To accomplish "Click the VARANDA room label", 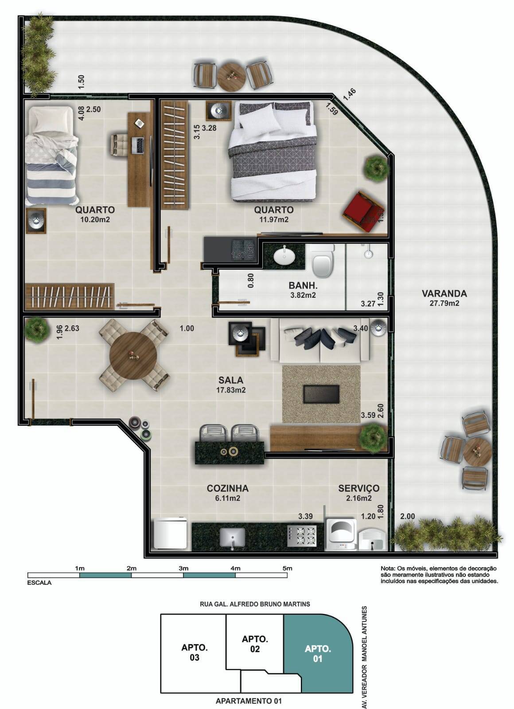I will point(444,293).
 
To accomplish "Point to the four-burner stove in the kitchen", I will point(302,535).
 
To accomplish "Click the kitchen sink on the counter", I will point(232,538).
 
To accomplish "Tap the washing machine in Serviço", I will point(341,534).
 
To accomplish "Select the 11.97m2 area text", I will point(273,219).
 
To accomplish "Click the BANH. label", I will point(303,286).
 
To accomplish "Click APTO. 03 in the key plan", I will point(195,652).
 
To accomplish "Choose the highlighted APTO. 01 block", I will point(318,654).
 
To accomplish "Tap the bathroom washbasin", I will point(282,256).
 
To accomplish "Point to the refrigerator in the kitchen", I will point(170,534).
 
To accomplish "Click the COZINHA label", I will point(227,488).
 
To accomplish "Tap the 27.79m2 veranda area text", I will point(444,304).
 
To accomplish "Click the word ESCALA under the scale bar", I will point(39,583).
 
